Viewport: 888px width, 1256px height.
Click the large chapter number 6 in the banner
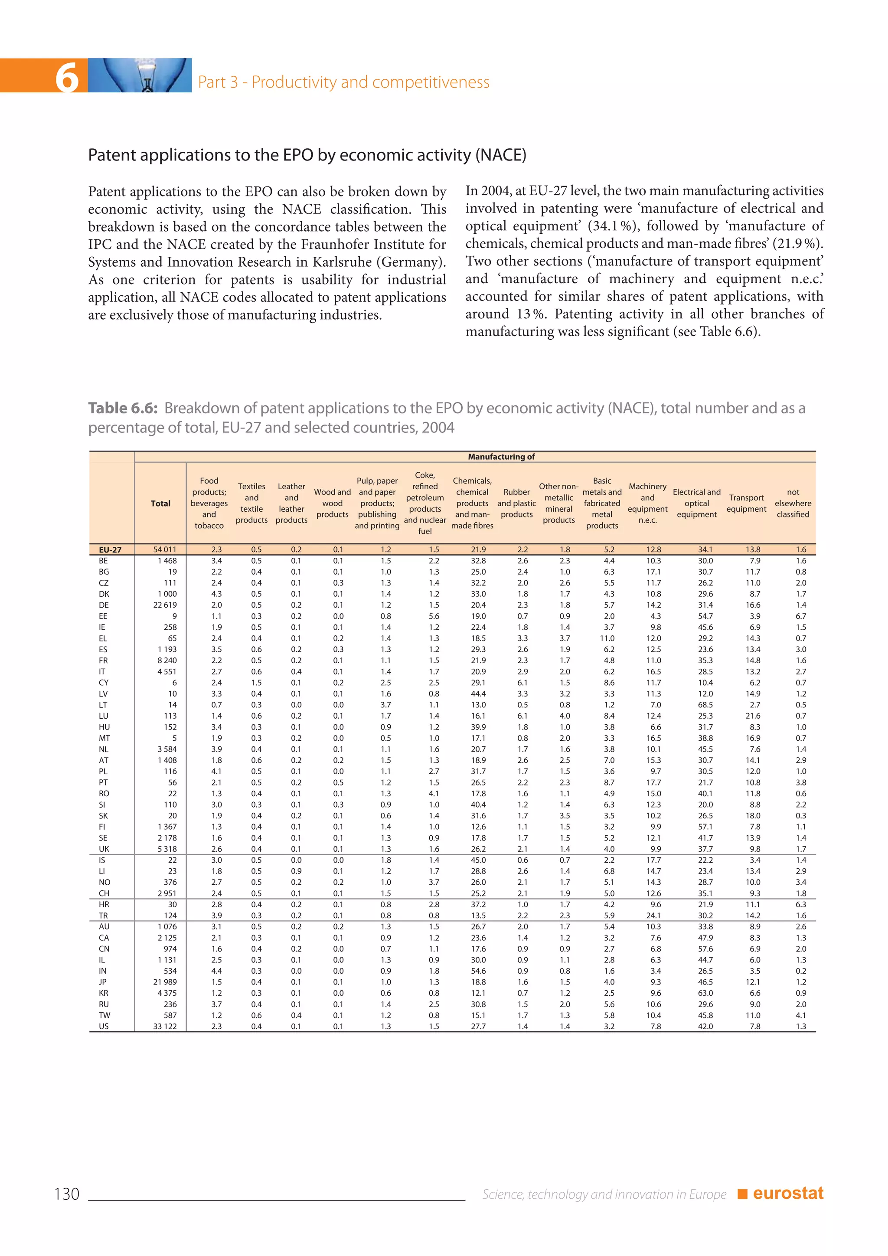[x=67, y=77]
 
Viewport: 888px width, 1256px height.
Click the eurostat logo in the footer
[x=787, y=1194]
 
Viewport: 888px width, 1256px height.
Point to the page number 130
[x=67, y=1194]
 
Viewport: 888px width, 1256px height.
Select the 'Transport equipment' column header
[x=746, y=503]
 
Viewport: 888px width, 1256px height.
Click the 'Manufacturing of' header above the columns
[x=501, y=457]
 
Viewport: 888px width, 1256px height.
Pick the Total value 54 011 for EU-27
[x=165, y=549]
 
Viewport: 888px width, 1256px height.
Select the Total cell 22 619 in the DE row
[x=165, y=605]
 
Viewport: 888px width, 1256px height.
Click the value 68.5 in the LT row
[x=705, y=705]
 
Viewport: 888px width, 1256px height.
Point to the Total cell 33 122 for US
[x=165, y=1026]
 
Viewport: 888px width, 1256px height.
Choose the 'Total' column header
[x=161, y=503]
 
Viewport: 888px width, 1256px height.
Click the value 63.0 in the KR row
[x=705, y=993]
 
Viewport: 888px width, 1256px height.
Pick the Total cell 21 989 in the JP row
[x=165, y=982]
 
